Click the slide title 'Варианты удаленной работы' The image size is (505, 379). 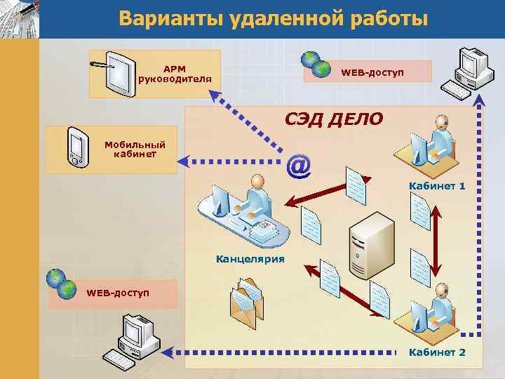click(273, 18)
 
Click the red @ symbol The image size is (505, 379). click(298, 166)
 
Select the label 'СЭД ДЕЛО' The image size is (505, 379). click(333, 119)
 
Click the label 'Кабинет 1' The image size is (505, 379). click(437, 186)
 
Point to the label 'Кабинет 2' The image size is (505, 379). click(437, 352)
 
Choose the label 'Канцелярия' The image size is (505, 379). click(250, 259)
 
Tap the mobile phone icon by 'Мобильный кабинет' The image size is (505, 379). click(75, 147)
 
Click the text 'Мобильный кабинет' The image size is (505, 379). click(130, 149)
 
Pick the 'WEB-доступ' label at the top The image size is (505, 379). click(372, 73)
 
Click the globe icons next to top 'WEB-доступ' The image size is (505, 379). click(315, 64)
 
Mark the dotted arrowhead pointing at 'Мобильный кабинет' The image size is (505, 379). click(184, 162)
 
